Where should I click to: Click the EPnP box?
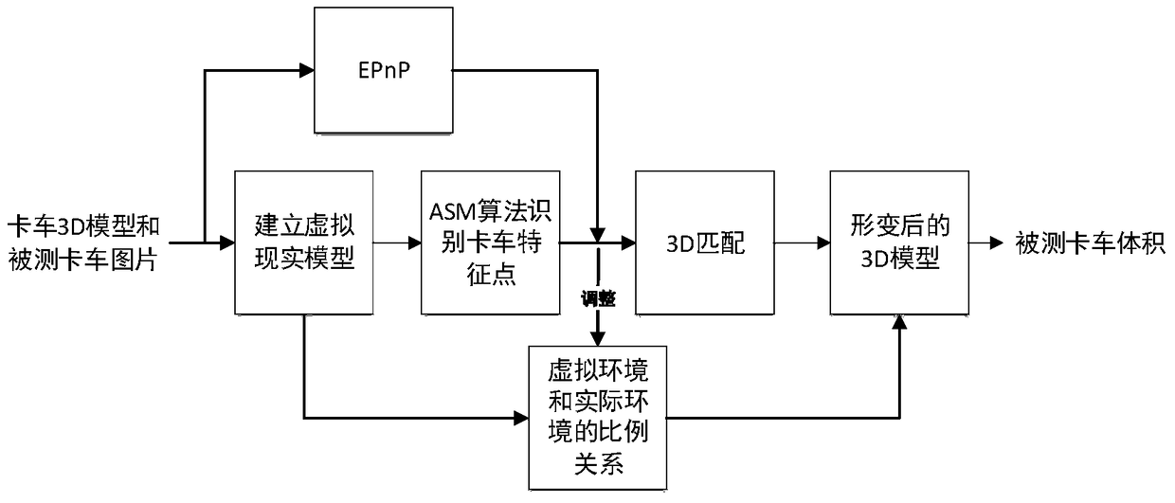383,70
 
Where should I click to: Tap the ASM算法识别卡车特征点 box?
490,243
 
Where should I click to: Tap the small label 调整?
599,300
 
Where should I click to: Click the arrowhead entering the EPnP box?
305,69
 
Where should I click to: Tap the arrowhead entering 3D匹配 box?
627,243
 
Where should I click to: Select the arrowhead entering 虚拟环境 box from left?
521,417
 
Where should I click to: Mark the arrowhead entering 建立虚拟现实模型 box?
227,243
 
